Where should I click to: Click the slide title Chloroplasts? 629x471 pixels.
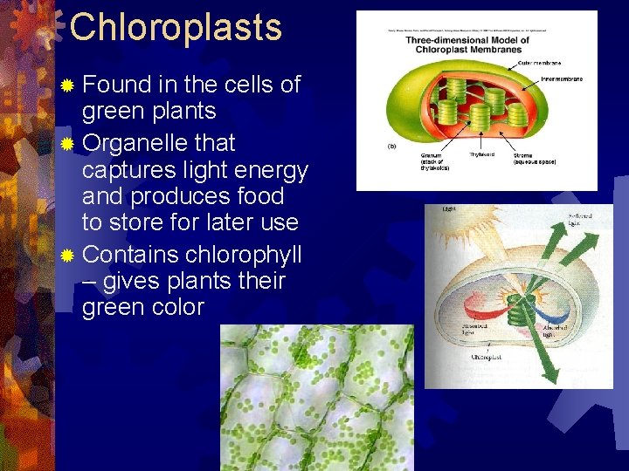tap(176, 27)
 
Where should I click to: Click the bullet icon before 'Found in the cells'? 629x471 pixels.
tap(68, 85)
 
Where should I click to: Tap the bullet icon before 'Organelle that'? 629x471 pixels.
tap(68, 143)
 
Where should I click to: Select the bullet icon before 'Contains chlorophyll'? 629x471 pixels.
tap(68, 256)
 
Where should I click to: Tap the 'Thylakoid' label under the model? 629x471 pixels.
tap(482, 154)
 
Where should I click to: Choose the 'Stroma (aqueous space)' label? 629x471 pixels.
tap(534, 159)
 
